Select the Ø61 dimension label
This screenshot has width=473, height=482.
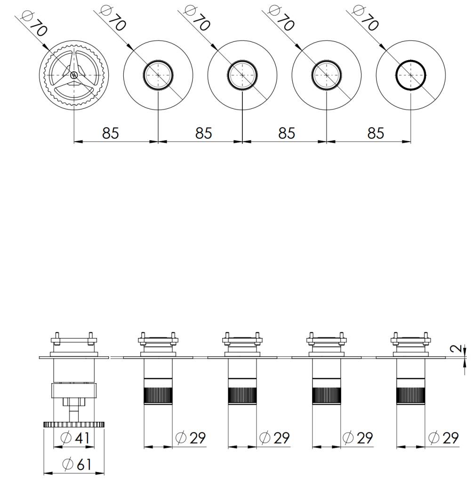tap(76, 465)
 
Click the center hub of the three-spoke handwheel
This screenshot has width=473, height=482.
tap(74, 75)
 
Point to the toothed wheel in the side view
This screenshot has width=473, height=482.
tap(74, 425)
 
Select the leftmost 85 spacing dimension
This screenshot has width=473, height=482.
tap(111, 133)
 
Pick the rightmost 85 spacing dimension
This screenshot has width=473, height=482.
tap(375, 133)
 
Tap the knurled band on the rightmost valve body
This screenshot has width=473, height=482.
tap(411, 395)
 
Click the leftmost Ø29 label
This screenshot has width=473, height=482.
tap(191, 438)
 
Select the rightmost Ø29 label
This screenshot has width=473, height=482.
tap(443, 438)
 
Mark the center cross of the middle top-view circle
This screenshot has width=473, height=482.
tap(242, 75)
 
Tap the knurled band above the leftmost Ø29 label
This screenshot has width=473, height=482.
tap(158, 395)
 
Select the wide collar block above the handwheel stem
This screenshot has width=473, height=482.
tap(74, 390)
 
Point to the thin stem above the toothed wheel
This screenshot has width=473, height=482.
tap(74, 414)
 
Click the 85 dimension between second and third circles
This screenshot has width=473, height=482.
tap(203, 133)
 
